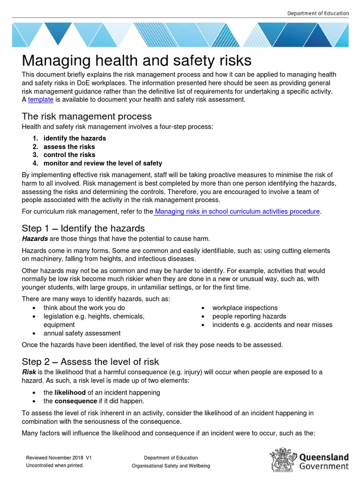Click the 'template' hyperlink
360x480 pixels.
point(40,99)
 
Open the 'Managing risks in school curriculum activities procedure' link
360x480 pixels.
point(237,211)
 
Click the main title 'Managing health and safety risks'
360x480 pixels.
point(136,60)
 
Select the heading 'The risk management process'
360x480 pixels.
point(87,116)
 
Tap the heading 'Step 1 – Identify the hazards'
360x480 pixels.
point(83,228)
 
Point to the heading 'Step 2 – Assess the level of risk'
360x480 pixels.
point(90,361)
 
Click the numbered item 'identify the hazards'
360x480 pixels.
point(75,138)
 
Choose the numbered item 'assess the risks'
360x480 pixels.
point(69,147)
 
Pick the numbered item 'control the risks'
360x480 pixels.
point(69,155)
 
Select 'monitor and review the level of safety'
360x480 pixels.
point(103,163)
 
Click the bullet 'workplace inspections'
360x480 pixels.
point(245,308)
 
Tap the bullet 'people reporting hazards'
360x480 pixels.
point(249,316)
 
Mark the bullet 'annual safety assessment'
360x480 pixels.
point(82,333)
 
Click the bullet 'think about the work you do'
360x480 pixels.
point(84,308)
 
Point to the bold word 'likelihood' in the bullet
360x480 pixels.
point(70,392)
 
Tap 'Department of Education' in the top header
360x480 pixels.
point(318,14)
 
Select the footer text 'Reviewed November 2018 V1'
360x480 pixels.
point(59,457)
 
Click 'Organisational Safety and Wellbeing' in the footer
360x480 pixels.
point(171,466)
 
